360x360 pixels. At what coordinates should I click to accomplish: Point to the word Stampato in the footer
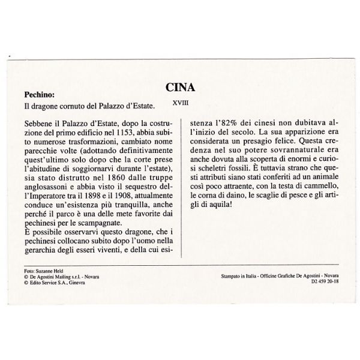tap(230, 277)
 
